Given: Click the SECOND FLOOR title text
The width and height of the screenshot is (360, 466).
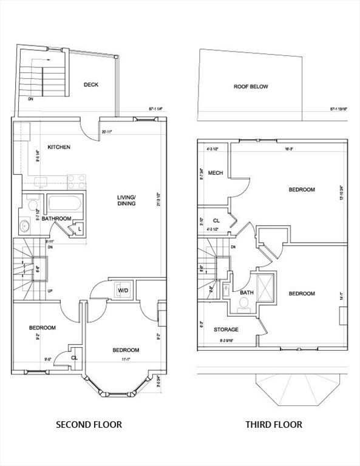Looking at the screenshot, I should click(x=89, y=425).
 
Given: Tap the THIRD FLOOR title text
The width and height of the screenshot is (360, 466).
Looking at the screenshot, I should click(x=273, y=425).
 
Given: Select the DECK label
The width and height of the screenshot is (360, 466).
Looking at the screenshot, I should click(x=91, y=84).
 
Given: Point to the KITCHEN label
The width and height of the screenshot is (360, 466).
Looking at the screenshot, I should click(x=59, y=147).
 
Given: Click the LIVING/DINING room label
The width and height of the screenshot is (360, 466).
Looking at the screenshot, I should click(x=126, y=200).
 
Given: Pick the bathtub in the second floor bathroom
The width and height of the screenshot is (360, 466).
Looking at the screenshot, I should click(x=66, y=203).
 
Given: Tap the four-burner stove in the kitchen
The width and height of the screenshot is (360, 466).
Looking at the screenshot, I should click(x=76, y=181).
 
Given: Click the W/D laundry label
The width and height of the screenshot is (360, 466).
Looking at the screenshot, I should click(x=123, y=291).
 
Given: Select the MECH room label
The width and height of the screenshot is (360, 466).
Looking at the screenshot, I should click(x=215, y=173).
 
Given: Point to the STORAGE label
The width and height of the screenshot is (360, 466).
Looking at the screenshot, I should click(x=226, y=329).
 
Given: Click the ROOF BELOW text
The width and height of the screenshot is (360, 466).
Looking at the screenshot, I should click(x=251, y=87).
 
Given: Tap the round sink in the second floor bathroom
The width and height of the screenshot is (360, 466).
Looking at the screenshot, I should click(x=25, y=227).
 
